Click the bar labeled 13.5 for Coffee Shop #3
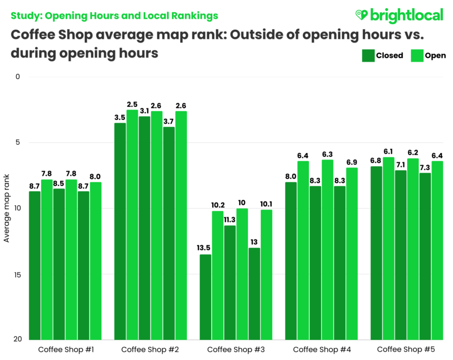tap(205, 297)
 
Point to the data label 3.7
tap(169, 122)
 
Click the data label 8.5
tap(59, 183)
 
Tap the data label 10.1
tap(267, 204)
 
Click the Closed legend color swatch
tap(367, 56)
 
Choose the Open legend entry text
tap(435, 56)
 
